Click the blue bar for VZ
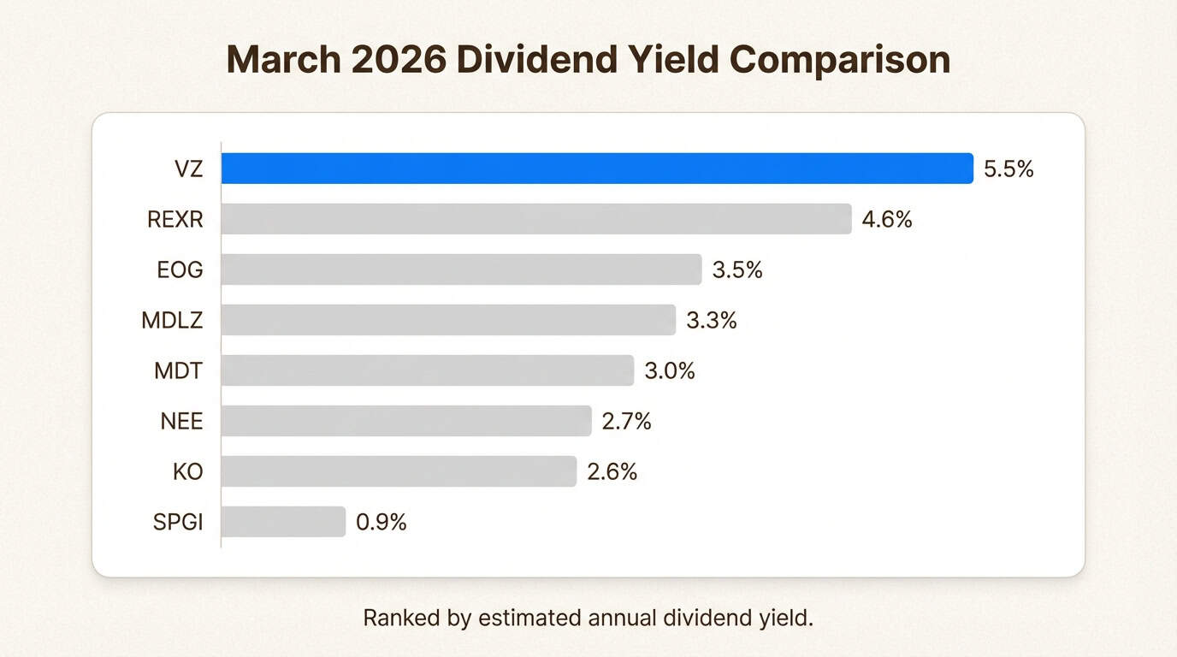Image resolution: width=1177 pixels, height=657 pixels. [x=597, y=169]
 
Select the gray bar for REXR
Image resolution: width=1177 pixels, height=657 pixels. [x=536, y=219]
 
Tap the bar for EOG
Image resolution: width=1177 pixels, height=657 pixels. [x=461, y=269]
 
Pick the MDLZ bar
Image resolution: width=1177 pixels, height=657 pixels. [x=448, y=320]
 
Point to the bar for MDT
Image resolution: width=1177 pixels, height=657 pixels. [x=428, y=370]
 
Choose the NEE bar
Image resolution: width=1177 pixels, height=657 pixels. [x=406, y=421]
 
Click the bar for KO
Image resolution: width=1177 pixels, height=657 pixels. [x=399, y=471]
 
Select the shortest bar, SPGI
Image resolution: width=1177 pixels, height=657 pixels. [x=283, y=522]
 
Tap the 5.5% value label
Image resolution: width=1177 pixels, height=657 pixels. [x=1008, y=169]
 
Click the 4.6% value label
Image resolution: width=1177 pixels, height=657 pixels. [x=887, y=220]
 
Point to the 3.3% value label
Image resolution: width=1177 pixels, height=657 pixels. [x=711, y=321]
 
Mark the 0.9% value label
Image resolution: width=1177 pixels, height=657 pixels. [x=381, y=523]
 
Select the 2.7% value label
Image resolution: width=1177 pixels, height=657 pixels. [x=626, y=422]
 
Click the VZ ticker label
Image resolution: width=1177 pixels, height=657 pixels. [x=187, y=169]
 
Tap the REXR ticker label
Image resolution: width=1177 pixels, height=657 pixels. [x=174, y=220]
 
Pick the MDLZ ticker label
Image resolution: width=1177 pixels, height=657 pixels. [x=173, y=321]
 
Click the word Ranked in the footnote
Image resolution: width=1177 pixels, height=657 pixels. [x=396, y=619]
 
